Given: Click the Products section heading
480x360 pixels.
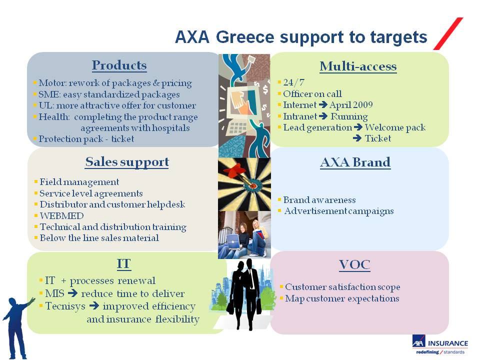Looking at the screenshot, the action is (119, 65).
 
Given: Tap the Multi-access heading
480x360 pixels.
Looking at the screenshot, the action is (358, 66).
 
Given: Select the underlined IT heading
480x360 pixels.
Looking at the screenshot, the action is (123, 264).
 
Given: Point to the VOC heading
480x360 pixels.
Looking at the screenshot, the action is (354, 265).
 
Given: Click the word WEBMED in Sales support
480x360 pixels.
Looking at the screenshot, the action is (61, 216).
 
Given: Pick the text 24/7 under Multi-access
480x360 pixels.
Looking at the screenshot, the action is (293, 82).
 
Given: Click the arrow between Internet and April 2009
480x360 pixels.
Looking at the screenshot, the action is (323, 105).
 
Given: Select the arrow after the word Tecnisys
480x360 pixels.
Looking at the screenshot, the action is (94, 305).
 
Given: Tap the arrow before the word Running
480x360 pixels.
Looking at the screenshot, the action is (323, 116).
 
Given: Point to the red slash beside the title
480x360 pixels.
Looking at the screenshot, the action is (448, 33).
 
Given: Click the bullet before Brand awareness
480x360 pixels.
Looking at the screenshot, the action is (279, 199).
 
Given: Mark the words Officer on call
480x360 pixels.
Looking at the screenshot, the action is (312, 94).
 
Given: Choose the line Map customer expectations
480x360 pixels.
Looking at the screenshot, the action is (342, 298).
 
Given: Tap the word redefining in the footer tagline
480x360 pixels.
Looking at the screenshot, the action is (427, 352).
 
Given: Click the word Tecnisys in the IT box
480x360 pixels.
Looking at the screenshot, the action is (65, 306).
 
